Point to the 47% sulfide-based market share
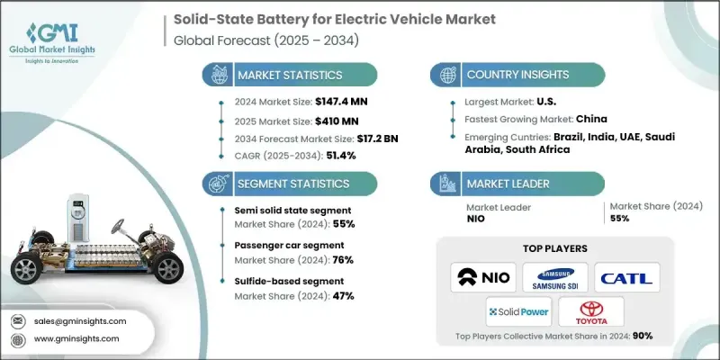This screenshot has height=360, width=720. tap(342, 295)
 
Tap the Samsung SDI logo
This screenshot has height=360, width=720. tap(555, 275)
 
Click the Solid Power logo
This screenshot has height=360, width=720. tap(518, 311)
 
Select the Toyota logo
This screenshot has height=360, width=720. tap(591, 311)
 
